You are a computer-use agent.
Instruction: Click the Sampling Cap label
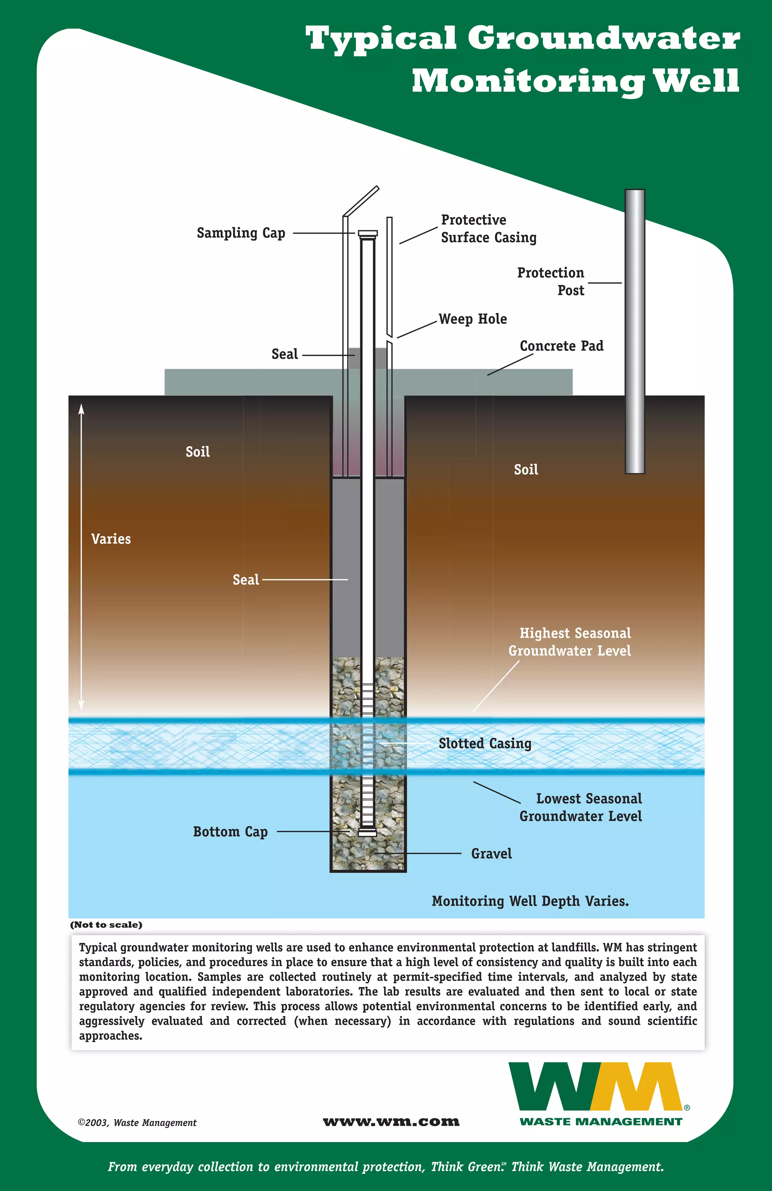pyautogui.click(x=241, y=233)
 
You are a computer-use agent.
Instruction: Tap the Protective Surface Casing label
pyautogui.click(x=488, y=229)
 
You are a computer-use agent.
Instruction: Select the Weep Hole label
pyautogui.click(x=473, y=319)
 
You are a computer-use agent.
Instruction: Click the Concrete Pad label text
pyautogui.click(x=561, y=346)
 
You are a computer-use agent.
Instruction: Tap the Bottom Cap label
pyautogui.click(x=230, y=832)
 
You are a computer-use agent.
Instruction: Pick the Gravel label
pyautogui.click(x=491, y=854)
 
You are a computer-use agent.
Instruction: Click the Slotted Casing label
pyautogui.click(x=485, y=744)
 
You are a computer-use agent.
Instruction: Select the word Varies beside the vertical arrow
pyautogui.click(x=111, y=539)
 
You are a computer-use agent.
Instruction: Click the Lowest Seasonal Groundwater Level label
pyautogui.click(x=581, y=807)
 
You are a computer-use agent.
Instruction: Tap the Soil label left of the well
pyautogui.click(x=198, y=452)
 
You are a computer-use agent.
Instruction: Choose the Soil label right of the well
pyautogui.click(x=526, y=469)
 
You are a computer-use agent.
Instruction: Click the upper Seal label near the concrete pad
pyautogui.click(x=284, y=354)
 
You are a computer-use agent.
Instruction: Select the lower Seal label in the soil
pyautogui.click(x=246, y=580)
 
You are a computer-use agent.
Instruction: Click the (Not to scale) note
pyautogui.click(x=106, y=925)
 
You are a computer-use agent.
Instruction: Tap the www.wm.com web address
pyautogui.click(x=391, y=1122)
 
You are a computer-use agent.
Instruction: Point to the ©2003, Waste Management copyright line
pyautogui.click(x=137, y=1122)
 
